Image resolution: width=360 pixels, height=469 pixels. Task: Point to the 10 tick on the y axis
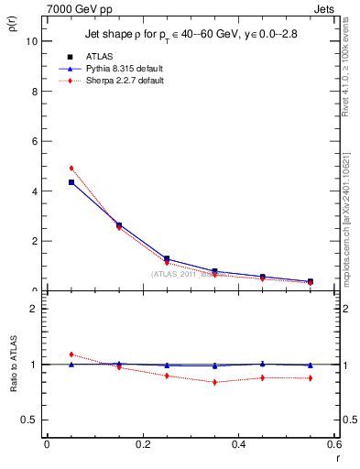pos(32,42)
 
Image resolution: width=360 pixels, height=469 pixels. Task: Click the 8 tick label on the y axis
pos(34,92)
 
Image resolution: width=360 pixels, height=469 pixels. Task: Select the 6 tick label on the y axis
pos(34,142)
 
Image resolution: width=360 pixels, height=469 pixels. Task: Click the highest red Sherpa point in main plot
pos(71,168)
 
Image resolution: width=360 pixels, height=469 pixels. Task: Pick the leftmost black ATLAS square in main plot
pos(71,182)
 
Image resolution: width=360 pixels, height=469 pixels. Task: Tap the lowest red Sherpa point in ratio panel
pos(214,382)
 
